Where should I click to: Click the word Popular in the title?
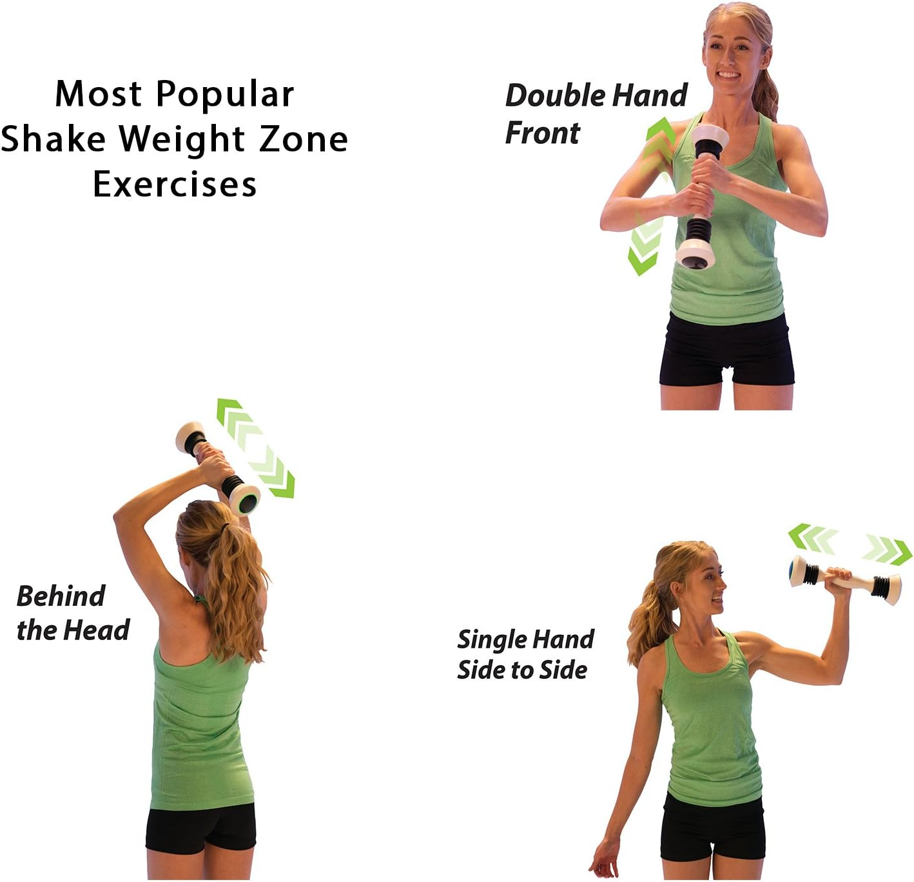click(x=225, y=94)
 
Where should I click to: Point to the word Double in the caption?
click(x=554, y=95)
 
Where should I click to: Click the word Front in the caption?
click(x=542, y=133)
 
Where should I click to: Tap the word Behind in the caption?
click(x=61, y=596)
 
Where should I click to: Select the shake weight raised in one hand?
click(x=846, y=579)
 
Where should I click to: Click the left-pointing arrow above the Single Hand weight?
click(x=812, y=537)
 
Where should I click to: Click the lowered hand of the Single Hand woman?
click(x=605, y=861)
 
